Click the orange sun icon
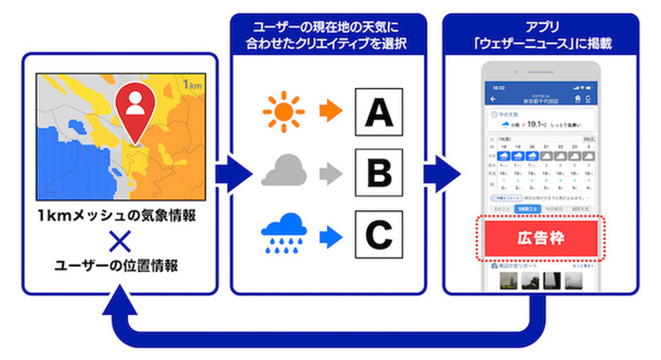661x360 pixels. tap(283, 112)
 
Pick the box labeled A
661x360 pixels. tap(378, 112)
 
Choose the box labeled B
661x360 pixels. tap(378, 175)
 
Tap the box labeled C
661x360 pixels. tap(378, 236)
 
